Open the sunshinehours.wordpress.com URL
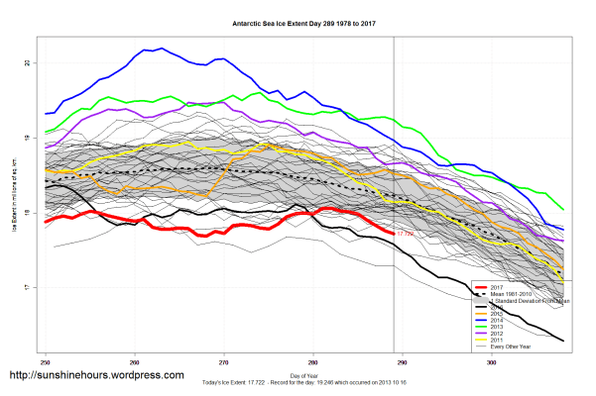[96, 376]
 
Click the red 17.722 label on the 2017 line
[405, 234]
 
